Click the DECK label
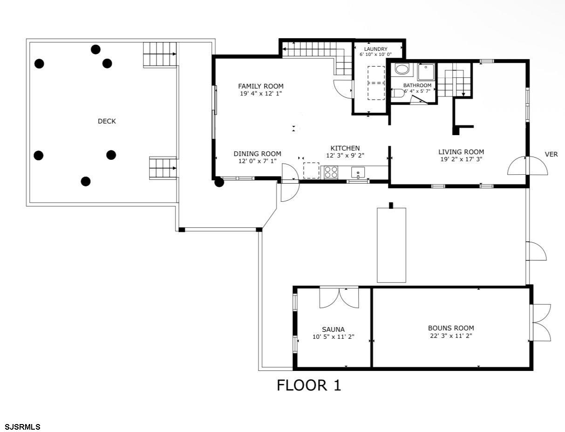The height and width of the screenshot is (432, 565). coord(107,121)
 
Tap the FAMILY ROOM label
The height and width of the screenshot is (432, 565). coord(260,86)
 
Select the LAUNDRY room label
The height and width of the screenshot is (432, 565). coord(375,49)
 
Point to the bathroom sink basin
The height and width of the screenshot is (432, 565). coord(402,69)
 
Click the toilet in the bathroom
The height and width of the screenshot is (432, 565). coord(397,93)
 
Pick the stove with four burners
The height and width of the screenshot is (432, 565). coord(331,172)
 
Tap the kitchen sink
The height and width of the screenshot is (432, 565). coord(358,172)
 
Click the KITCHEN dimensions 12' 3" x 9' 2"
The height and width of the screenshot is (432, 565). coord(345,156)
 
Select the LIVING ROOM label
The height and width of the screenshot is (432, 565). coord(461,152)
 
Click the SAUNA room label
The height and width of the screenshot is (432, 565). coord(333,329)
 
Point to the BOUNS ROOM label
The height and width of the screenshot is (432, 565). coord(451,328)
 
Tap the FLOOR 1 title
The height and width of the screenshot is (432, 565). coord(309,385)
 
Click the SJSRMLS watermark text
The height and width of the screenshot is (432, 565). coord(23,426)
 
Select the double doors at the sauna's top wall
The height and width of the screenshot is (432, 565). coord(339,298)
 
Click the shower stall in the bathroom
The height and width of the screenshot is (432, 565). coord(426,72)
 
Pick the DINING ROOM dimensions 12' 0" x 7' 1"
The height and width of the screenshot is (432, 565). coord(257,161)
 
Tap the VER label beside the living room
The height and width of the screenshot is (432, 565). coord(551,154)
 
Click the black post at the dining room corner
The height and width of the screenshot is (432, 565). coord(219,182)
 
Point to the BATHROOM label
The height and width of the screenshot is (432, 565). coord(417,85)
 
